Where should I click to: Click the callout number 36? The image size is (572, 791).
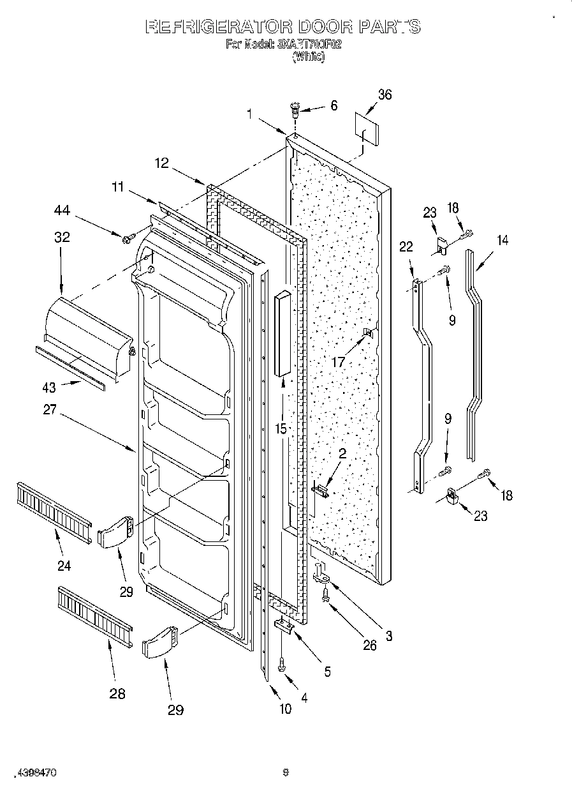pyautogui.click(x=385, y=95)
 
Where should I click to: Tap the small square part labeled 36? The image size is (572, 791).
pyautogui.click(x=366, y=130)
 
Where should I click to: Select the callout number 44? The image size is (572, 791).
pyautogui.click(x=62, y=211)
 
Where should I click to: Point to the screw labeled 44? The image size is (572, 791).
pyautogui.click(x=128, y=239)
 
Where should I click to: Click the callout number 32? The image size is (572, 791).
pyautogui.click(x=62, y=237)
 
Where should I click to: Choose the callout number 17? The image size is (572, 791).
pyautogui.click(x=338, y=362)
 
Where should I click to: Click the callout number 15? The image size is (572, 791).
pyautogui.click(x=281, y=429)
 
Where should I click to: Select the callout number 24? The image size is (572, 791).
pyautogui.click(x=63, y=565)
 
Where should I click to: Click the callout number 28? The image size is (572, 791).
pyautogui.click(x=117, y=693)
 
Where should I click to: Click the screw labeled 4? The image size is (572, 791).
pyautogui.click(x=282, y=667)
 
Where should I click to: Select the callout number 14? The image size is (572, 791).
pyautogui.click(x=503, y=240)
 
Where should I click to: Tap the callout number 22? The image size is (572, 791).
pyautogui.click(x=406, y=247)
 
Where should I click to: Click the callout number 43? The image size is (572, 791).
pyautogui.click(x=49, y=387)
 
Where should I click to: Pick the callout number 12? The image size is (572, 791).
pyautogui.click(x=161, y=163)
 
